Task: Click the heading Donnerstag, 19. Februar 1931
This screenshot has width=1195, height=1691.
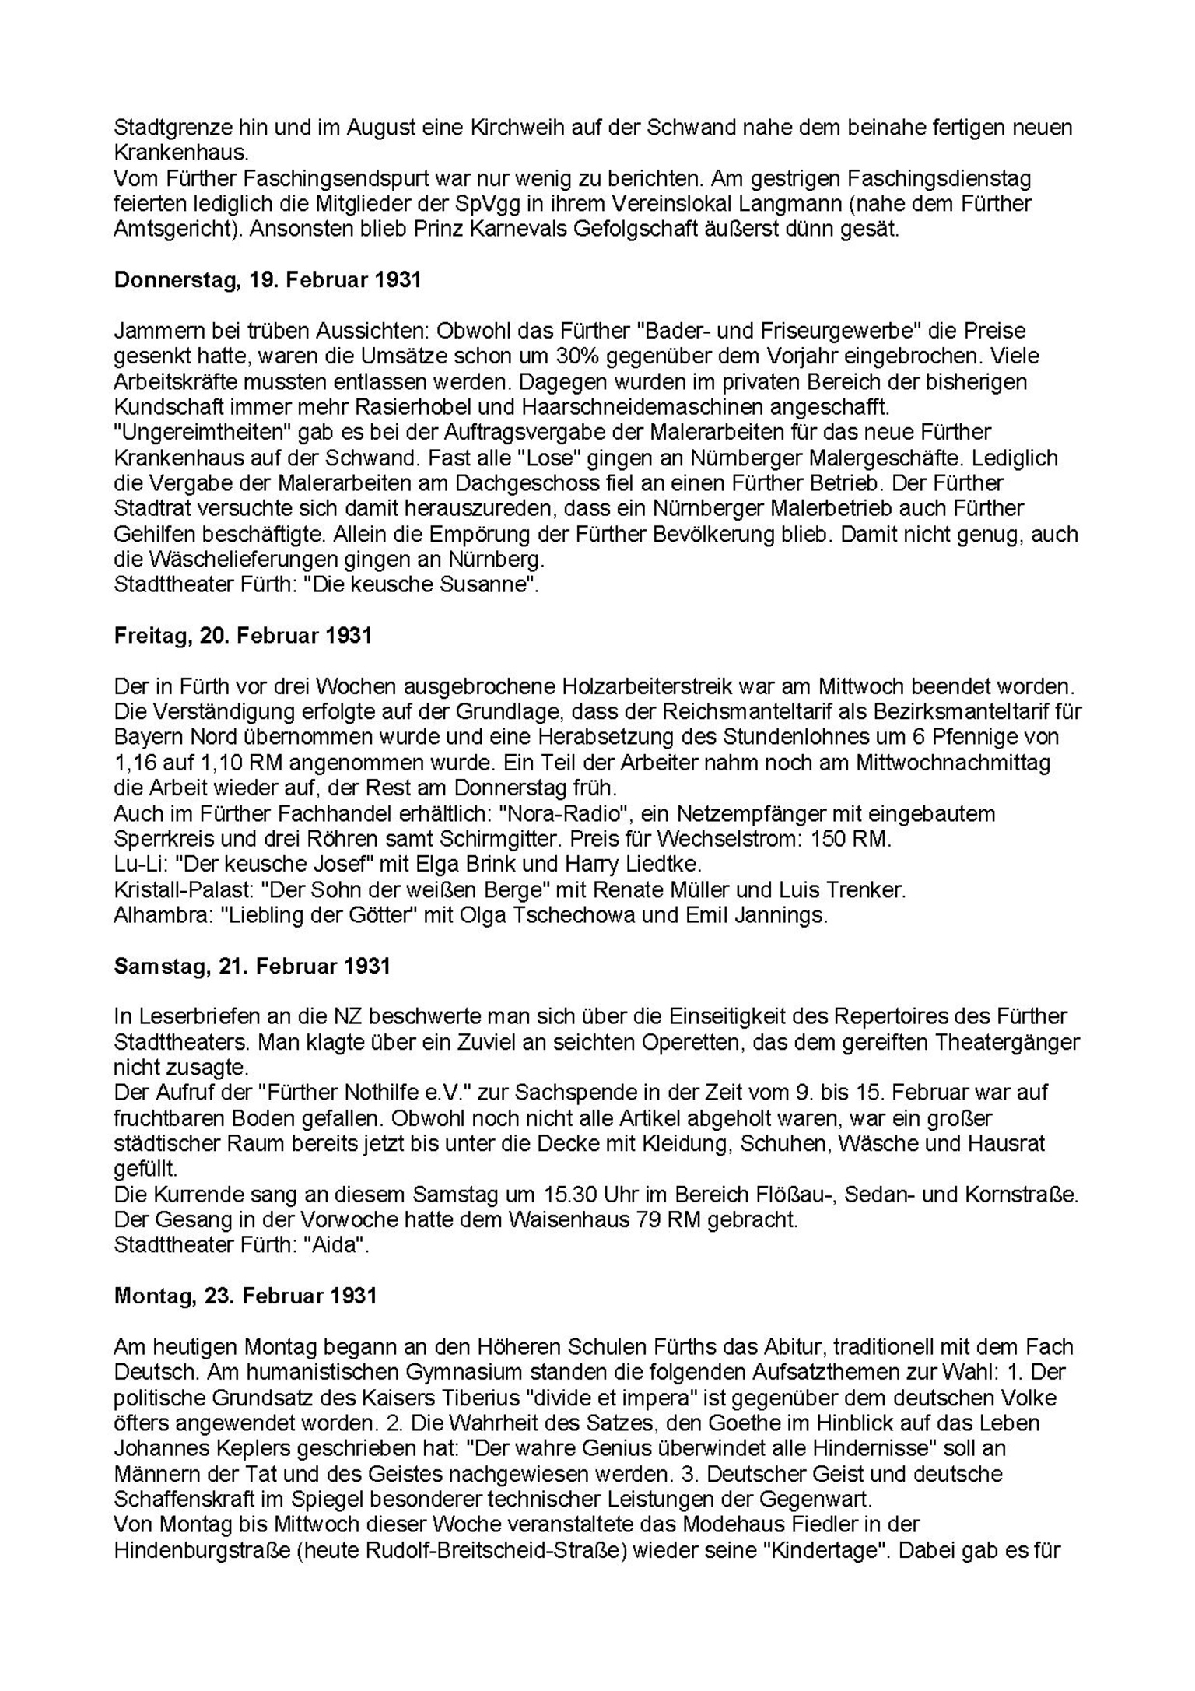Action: [x=267, y=280]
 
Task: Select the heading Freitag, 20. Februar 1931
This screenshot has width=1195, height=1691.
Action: [x=243, y=636]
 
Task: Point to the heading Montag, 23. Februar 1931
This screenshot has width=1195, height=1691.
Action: [x=245, y=1296]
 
